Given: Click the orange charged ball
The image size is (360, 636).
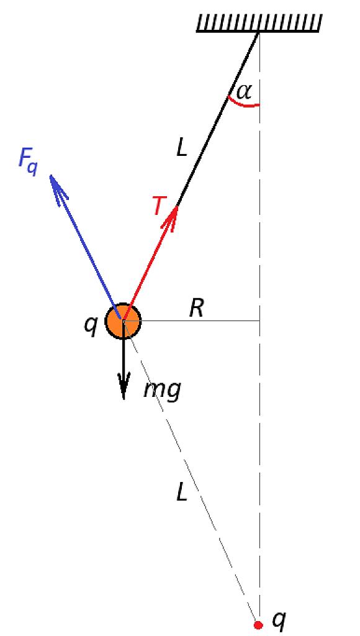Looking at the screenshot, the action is pyautogui.click(x=124, y=321).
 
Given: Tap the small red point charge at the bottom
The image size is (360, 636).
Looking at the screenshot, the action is pyautogui.click(x=258, y=625).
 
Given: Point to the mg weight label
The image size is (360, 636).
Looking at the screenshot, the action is pyautogui.click(x=162, y=391).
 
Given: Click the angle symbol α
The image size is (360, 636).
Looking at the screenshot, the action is pyautogui.click(x=244, y=92).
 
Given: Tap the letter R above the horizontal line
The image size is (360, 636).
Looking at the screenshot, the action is pyautogui.click(x=197, y=309).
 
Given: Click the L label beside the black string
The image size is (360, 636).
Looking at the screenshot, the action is pyautogui.click(x=182, y=149).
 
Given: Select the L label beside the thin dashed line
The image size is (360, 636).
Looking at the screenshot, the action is pyautogui.click(x=182, y=493).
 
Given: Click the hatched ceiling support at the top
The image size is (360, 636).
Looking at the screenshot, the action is pyautogui.click(x=259, y=23).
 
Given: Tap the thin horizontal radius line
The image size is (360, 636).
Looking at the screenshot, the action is pyautogui.click(x=191, y=321).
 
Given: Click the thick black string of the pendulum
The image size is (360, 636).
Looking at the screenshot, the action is pyautogui.click(x=218, y=117).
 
